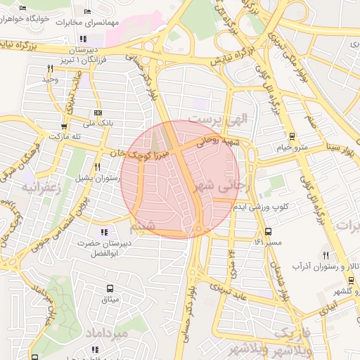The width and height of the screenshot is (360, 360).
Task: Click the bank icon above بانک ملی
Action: [97, 112]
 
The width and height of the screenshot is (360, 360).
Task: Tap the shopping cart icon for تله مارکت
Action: [64, 127]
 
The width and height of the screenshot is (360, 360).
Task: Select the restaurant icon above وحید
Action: [50, 68]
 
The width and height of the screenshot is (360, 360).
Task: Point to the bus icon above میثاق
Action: [110, 288]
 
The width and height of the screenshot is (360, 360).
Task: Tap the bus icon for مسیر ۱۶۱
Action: [268, 231]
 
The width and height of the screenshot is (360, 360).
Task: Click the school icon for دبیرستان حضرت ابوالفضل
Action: [104, 231]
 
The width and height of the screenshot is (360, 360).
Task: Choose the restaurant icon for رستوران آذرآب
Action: [325, 255]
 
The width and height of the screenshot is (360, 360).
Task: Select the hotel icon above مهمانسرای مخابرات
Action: [87, 12]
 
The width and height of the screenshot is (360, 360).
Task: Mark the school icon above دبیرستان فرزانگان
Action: [83, 39]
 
